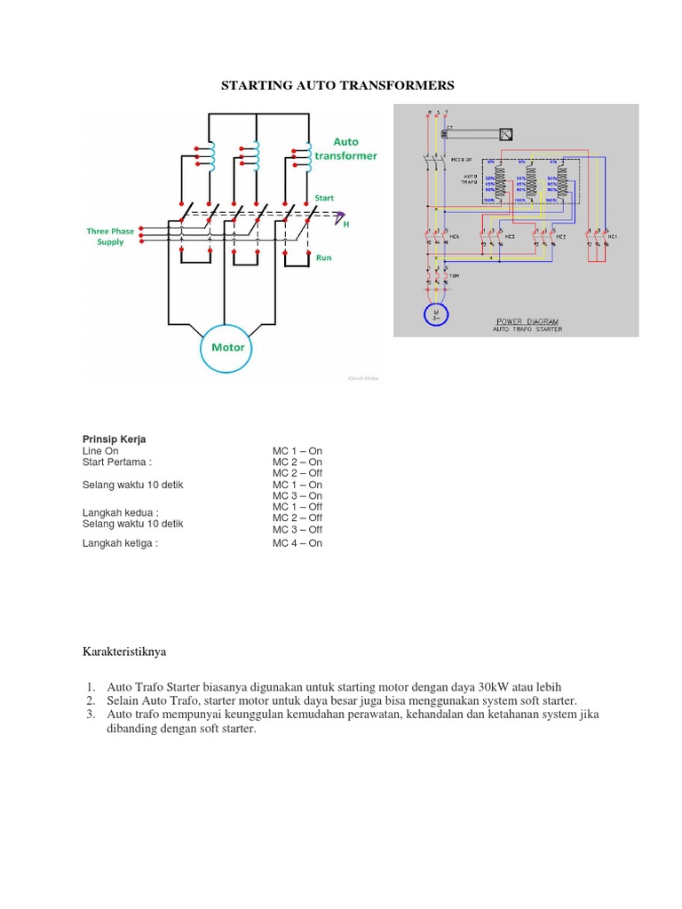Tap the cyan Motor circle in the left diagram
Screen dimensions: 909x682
click(227, 347)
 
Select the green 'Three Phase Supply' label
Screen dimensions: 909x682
click(110, 236)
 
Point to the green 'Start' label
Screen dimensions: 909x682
click(324, 197)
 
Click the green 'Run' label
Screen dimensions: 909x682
click(324, 257)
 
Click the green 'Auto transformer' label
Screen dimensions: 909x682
click(345, 148)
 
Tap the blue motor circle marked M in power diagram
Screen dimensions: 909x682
click(435, 315)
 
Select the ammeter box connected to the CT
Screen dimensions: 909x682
click(505, 134)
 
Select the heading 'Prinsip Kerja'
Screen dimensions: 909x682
click(115, 439)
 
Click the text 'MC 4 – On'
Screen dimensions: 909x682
click(297, 543)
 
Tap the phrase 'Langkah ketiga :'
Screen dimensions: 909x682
click(120, 543)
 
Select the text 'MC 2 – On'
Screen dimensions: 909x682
click(297, 462)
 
